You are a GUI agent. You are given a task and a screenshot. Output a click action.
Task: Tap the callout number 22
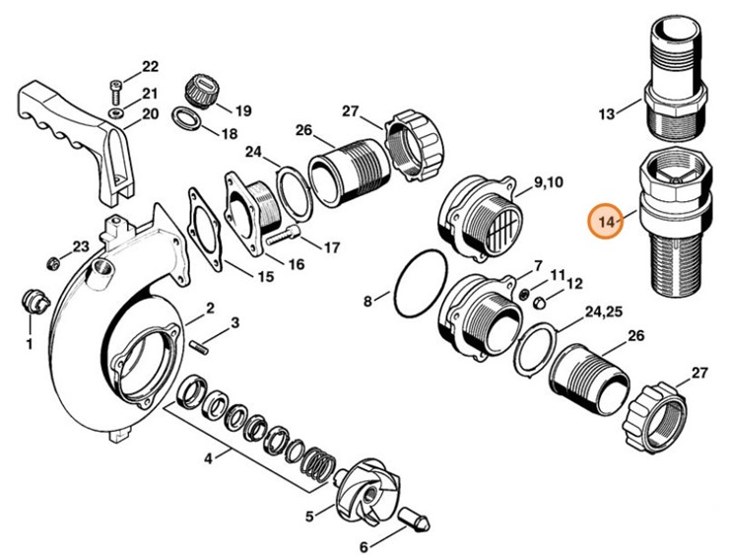point(150,67)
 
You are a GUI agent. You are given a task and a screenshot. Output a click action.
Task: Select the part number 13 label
point(606,114)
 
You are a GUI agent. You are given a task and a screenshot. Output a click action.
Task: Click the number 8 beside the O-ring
point(367,302)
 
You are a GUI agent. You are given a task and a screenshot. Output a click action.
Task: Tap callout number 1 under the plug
point(29,344)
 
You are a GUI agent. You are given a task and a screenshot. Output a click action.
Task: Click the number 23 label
point(81,245)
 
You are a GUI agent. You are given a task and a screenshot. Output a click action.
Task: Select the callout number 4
point(207,457)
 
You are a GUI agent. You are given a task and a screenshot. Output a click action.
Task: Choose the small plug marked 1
point(33,299)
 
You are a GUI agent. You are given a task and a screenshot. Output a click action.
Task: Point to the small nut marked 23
point(52,261)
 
